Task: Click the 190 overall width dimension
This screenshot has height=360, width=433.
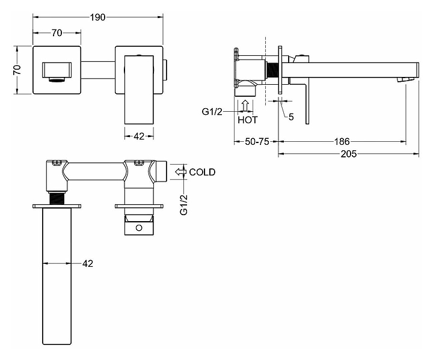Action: (x=98, y=17)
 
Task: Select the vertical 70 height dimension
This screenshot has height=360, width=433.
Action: (x=17, y=70)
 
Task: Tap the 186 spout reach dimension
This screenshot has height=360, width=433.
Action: (x=342, y=142)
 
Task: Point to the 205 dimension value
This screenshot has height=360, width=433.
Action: (x=348, y=154)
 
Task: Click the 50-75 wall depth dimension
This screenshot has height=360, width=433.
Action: (x=257, y=142)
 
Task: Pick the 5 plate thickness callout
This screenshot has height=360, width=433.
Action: (x=291, y=117)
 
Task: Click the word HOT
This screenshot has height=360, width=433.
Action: (x=248, y=120)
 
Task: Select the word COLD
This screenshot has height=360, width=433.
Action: (x=202, y=172)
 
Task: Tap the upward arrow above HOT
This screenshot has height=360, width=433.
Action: (x=245, y=106)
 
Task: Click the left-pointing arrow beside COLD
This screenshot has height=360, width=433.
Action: (x=180, y=172)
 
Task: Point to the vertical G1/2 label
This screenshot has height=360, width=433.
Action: (x=183, y=204)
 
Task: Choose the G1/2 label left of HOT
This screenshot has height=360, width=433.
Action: (x=212, y=112)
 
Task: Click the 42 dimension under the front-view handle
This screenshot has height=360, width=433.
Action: (x=139, y=136)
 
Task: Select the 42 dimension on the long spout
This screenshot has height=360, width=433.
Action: (x=88, y=264)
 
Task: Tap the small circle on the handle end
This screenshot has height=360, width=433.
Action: (x=139, y=228)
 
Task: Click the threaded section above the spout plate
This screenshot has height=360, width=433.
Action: (x=57, y=198)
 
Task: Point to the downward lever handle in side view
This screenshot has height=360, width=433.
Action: (x=307, y=104)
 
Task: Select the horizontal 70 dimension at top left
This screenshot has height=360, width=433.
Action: (x=57, y=33)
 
